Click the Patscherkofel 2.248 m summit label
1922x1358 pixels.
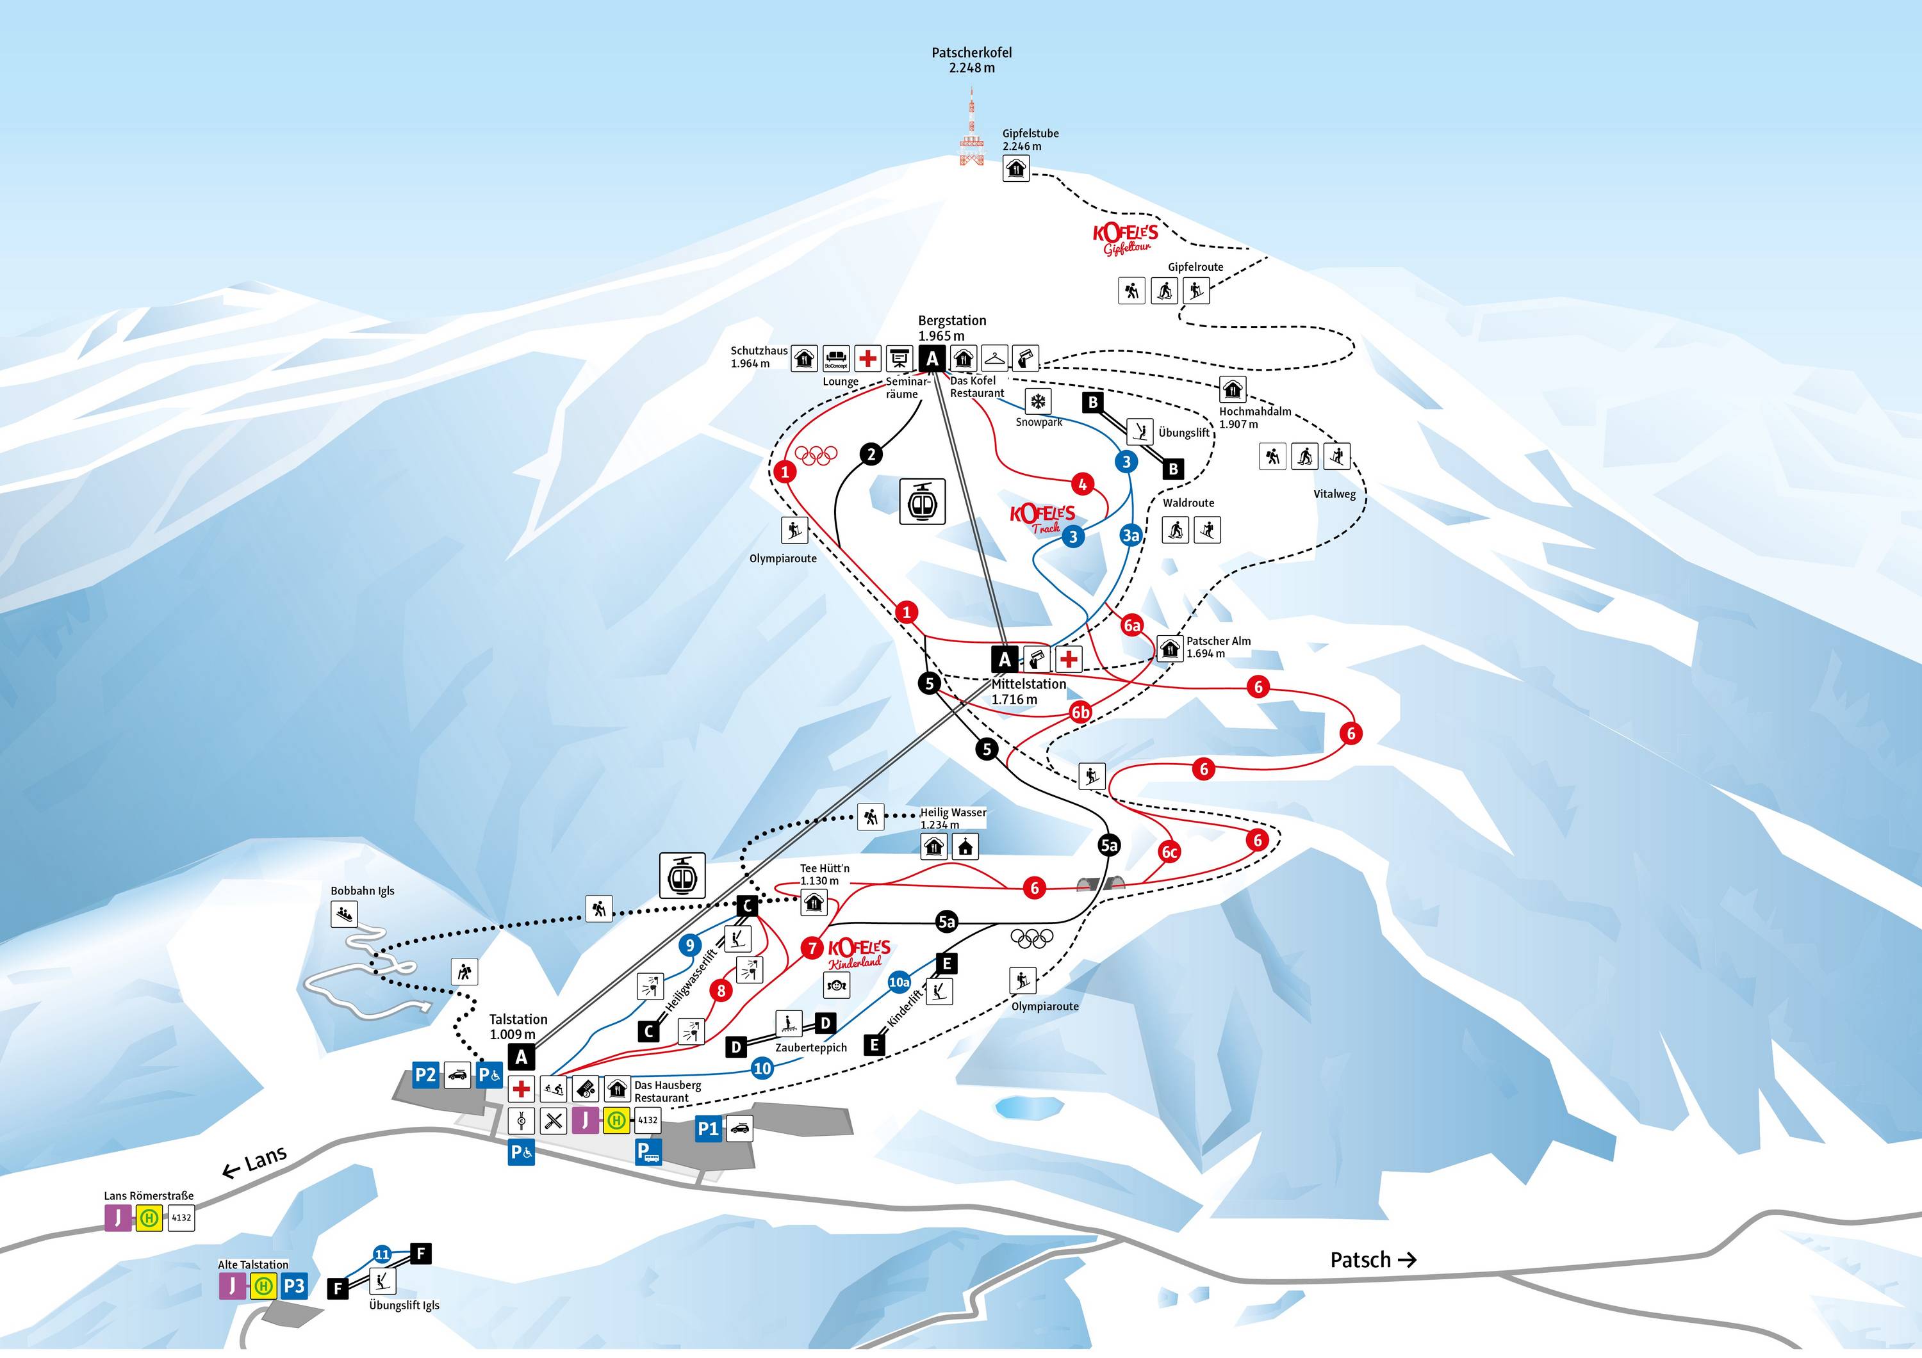971,60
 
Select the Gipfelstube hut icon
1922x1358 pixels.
1015,168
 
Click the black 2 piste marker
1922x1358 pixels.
871,455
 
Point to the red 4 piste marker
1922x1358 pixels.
1082,483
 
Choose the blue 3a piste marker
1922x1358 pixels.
1131,535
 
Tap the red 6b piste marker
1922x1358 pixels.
1081,712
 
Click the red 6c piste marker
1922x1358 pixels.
1169,852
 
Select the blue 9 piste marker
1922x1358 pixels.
690,946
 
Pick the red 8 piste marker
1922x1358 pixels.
721,990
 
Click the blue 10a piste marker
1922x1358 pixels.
899,982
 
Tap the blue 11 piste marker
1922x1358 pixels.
382,1254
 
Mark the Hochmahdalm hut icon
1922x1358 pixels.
1232,389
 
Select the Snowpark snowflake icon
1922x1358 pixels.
1038,401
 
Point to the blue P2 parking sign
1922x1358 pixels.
425,1075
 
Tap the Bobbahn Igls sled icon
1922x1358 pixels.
344,914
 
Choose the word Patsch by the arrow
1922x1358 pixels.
1360,1259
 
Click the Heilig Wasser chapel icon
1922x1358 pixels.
965,847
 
